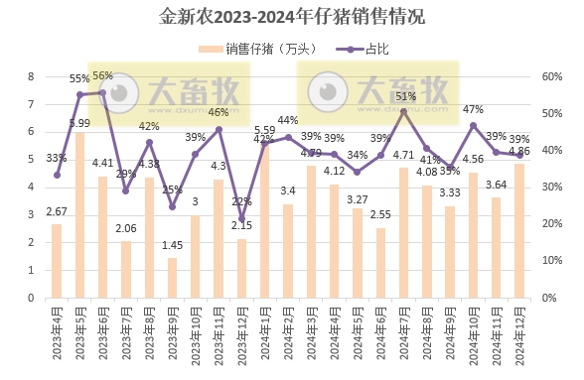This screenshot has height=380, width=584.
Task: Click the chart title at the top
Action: click(x=292, y=17)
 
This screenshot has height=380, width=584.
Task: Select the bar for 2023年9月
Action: click(x=172, y=278)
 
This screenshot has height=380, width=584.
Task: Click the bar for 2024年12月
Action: click(x=518, y=230)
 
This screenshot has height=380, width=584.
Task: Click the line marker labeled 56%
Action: click(x=102, y=92)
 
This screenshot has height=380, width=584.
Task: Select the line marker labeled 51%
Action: click(x=403, y=111)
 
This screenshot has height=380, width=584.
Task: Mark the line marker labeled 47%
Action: click(x=473, y=125)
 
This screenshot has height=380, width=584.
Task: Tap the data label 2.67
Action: click(x=57, y=211)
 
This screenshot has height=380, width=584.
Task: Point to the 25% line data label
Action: click(x=172, y=190)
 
